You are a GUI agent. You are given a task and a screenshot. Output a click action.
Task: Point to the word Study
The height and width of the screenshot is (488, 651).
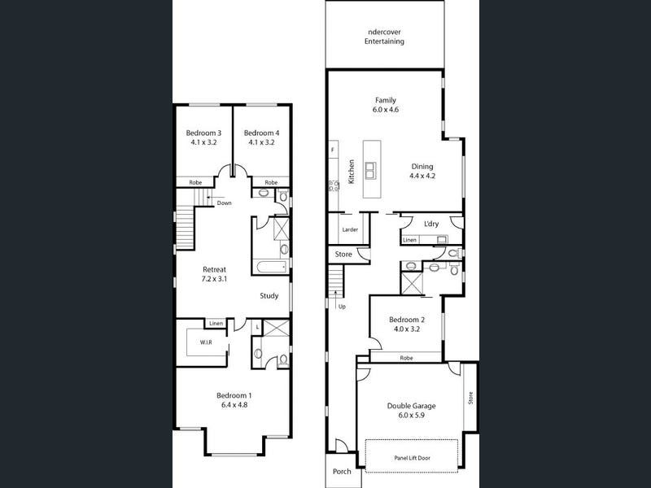click(269, 296)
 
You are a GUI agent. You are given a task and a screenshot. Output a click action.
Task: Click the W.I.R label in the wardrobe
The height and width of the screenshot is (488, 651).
click(206, 343)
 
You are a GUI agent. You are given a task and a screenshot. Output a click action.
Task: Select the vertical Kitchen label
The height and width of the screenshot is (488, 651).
click(352, 172)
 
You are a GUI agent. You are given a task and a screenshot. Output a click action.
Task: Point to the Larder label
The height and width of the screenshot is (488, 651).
click(350, 229)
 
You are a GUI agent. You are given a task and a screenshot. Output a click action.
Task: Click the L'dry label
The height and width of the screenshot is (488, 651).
click(431, 224)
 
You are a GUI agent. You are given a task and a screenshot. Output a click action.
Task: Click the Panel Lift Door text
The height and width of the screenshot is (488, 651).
click(412, 458)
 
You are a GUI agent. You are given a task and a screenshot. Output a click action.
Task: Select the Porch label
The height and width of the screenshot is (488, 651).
click(342, 471)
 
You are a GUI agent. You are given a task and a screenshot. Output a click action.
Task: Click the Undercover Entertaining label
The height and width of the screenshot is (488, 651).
click(385, 37)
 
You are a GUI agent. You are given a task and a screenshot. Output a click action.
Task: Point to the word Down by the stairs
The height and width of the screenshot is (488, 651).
click(224, 203)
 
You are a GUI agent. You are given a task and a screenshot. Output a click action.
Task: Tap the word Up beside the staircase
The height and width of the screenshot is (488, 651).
click(341, 307)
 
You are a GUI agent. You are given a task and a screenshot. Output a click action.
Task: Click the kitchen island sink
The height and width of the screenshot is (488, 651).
click(370, 170)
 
